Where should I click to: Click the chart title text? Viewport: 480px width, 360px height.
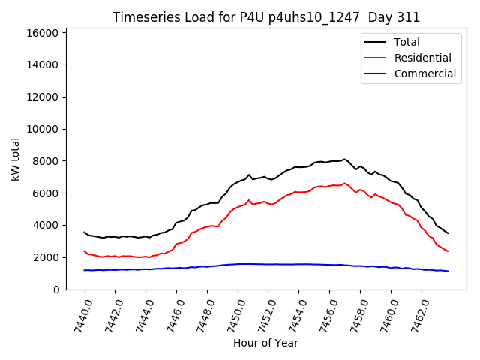click(x=266, y=17)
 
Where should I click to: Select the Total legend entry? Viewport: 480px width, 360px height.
click(x=406, y=42)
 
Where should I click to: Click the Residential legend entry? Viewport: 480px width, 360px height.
click(x=422, y=58)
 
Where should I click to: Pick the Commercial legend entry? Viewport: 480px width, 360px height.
click(x=424, y=73)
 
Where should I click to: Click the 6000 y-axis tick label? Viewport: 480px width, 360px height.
click(x=47, y=193)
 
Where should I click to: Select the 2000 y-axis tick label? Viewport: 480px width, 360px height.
click(x=47, y=257)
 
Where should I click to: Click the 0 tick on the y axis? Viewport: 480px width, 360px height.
click(x=57, y=289)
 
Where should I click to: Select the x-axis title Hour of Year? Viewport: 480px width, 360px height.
click(x=266, y=343)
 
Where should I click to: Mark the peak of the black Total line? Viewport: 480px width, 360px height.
click(x=345, y=159)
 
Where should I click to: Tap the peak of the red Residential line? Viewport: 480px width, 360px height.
click(x=345, y=183)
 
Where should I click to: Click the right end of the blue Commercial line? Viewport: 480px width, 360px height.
click(x=448, y=271)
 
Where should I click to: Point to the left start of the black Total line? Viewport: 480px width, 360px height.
click(x=84, y=232)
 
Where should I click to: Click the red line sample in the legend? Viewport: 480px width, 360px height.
click(x=376, y=58)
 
